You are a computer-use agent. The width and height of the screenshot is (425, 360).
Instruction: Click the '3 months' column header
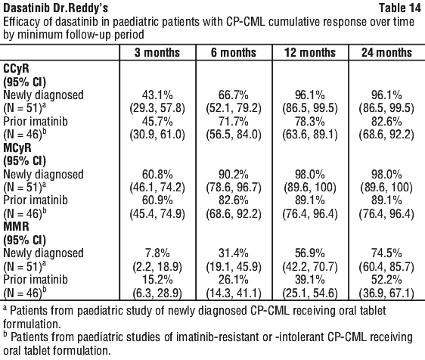pyautogui.click(x=157, y=53)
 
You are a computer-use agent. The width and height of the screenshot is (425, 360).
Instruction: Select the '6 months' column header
pyautogui.click(x=234, y=53)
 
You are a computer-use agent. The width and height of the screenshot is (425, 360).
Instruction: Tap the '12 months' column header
pyautogui.click(x=310, y=53)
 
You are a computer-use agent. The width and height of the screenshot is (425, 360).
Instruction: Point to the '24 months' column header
pyautogui.click(x=386, y=53)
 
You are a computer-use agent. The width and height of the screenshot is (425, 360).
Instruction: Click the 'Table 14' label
pyautogui.click(x=400, y=8)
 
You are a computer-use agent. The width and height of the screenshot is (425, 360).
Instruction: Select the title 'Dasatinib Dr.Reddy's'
pyautogui.click(x=55, y=8)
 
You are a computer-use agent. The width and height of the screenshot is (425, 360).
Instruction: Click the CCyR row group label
pyautogui.click(x=16, y=69)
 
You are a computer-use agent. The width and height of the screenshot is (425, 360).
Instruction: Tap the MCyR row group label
pyautogui.click(x=17, y=147)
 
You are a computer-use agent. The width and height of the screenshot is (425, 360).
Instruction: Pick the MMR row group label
pyautogui.click(x=16, y=227)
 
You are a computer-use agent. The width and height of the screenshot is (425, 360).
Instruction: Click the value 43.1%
pyautogui.click(x=157, y=95)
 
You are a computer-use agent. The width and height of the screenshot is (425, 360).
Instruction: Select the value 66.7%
pyautogui.click(x=234, y=95)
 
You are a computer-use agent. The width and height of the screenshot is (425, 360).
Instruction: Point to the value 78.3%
pyautogui.click(x=310, y=122)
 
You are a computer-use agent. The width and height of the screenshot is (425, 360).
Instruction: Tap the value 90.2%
pyautogui.click(x=234, y=174)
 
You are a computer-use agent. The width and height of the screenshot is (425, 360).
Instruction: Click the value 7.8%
pyautogui.click(x=157, y=253)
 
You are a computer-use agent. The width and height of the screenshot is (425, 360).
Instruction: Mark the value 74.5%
pyautogui.click(x=386, y=253)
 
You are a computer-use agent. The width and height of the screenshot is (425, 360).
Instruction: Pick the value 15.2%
pyautogui.click(x=157, y=280)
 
